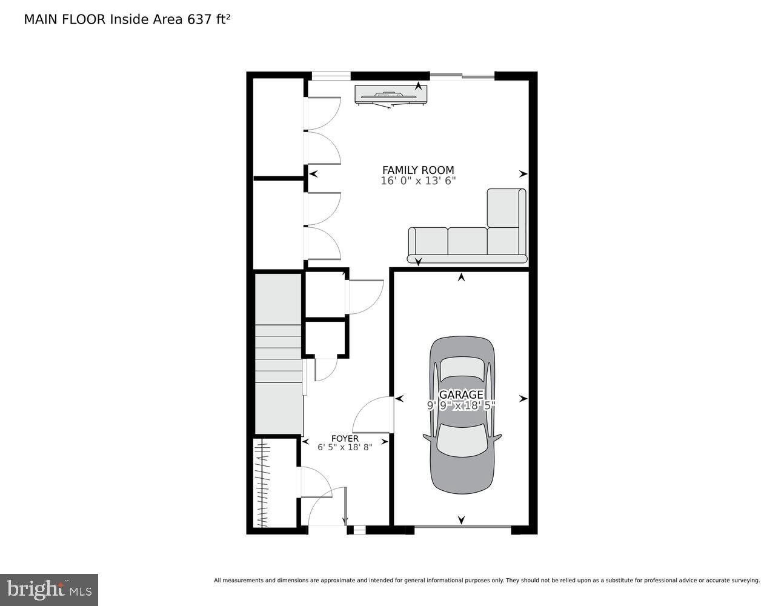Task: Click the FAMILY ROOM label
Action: tap(417, 170)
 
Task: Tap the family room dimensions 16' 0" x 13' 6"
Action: tap(417, 181)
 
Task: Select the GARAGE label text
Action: tap(461, 395)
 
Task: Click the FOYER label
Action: tap(345, 438)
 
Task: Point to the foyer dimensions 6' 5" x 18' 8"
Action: tap(345, 447)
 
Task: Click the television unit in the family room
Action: tap(391, 95)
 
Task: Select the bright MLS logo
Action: tap(48, 589)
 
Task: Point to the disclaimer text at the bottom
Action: tap(487, 580)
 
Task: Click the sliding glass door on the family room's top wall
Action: tap(462, 76)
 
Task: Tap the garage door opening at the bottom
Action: tap(462, 529)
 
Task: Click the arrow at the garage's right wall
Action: tap(523, 399)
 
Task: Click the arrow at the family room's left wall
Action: tap(313, 174)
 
